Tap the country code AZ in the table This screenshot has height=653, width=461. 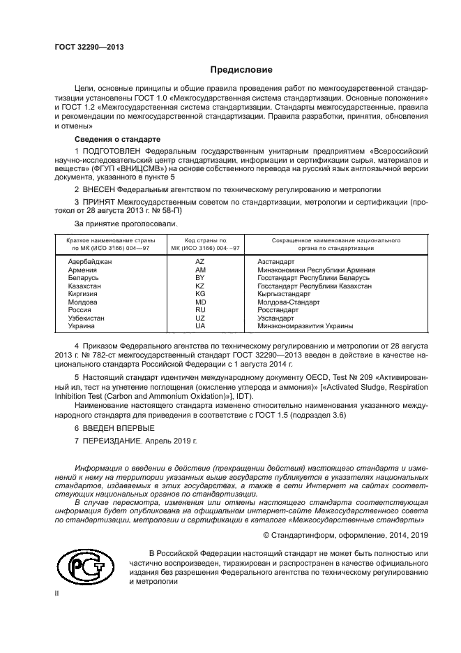[x=200, y=261]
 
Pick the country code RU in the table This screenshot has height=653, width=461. [x=200, y=309]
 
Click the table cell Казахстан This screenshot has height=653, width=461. [x=84, y=286]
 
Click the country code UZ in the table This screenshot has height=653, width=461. [x=200, y=318]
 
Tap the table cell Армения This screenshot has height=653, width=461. [x=82, y=270]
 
